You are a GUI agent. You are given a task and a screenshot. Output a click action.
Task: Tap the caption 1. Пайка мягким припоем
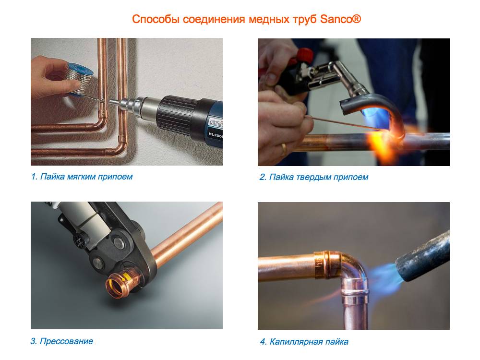tap(82, 177)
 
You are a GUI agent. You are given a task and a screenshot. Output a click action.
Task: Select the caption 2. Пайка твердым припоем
tap(314, 177)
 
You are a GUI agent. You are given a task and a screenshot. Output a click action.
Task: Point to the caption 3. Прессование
tap(62, 341)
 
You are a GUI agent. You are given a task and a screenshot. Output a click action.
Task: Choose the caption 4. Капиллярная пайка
tap(304, 342)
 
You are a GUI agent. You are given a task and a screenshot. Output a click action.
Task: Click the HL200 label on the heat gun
tap(216, 135)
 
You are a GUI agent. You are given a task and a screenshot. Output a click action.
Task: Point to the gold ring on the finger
tap(284, 149)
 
